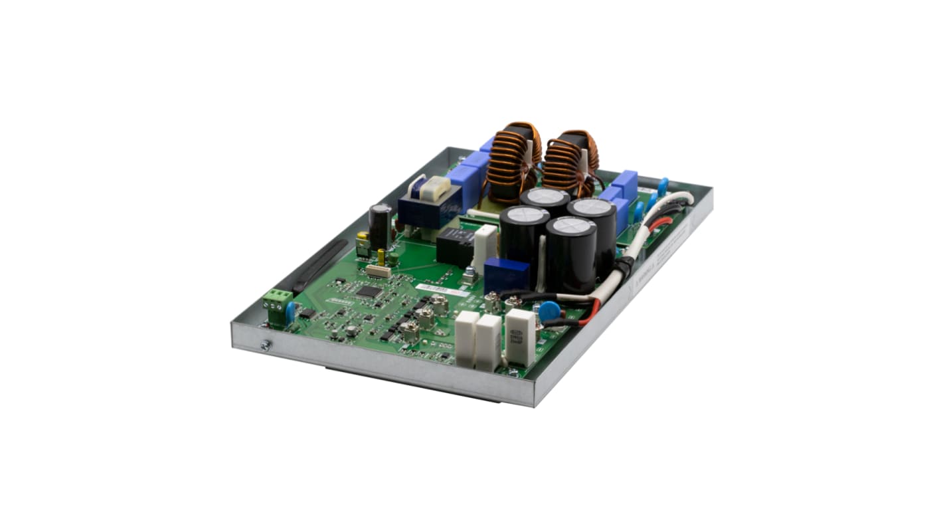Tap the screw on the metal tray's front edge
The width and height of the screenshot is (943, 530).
click(265, 345)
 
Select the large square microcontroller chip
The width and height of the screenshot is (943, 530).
click(369, 291)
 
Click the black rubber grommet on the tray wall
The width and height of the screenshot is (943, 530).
click(321, 266)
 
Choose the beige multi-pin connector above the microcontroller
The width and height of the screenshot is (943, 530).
click(379, 270)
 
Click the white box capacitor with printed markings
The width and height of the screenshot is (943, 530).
click(520, 335)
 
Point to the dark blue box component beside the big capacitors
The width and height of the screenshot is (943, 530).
click(506, 275)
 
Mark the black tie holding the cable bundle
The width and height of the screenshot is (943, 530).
click(624, 268)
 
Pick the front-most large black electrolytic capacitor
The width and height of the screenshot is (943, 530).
click(571, 252)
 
